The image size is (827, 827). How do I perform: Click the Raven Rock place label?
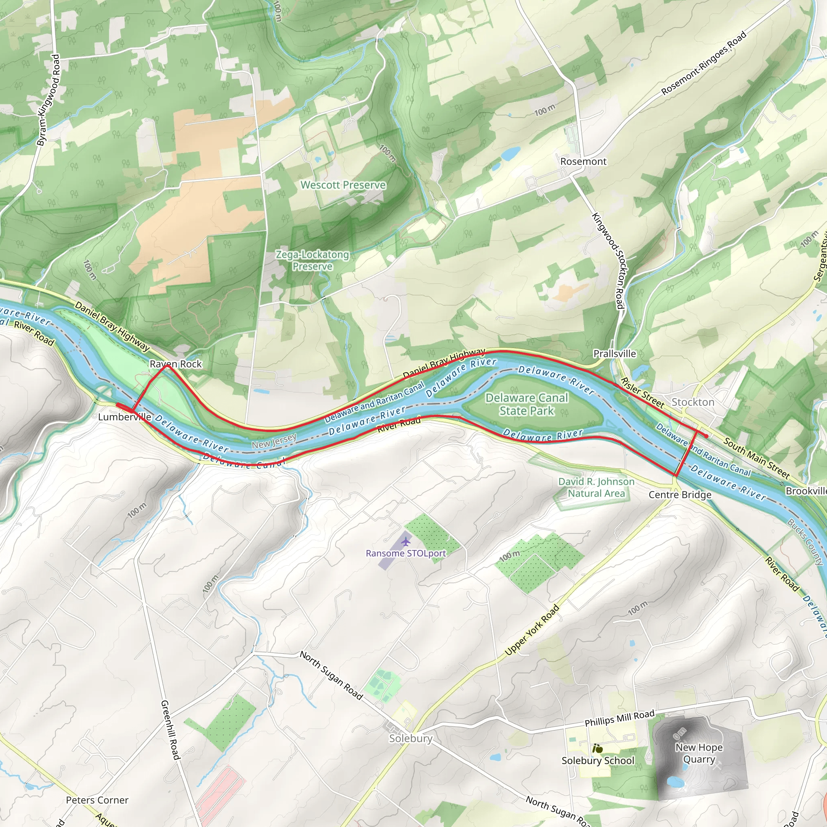(176, 364)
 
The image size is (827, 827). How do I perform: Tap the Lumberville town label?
(124, 417)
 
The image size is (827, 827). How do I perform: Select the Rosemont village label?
(583, 162)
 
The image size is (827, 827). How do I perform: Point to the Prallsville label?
(614, 354)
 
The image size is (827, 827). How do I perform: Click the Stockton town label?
(693, 402)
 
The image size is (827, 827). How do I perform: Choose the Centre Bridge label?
(680, 495)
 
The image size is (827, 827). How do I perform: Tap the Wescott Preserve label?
(343, 185)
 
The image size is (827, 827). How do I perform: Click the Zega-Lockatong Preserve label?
(312, 260)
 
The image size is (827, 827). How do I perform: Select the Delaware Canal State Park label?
(527, 404)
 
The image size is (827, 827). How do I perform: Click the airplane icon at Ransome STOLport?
(405, 542)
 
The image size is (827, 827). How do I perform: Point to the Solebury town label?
(411, 738)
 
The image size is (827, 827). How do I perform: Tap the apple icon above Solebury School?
(598, 749)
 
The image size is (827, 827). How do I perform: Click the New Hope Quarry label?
(699, 753)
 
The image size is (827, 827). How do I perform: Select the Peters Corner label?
(97, 800)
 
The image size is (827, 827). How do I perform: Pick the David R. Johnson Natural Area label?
(596, 487)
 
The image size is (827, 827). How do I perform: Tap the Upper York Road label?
(532, 630)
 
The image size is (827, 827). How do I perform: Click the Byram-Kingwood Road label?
(48, 99)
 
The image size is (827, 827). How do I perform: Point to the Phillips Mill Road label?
(619, 718)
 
